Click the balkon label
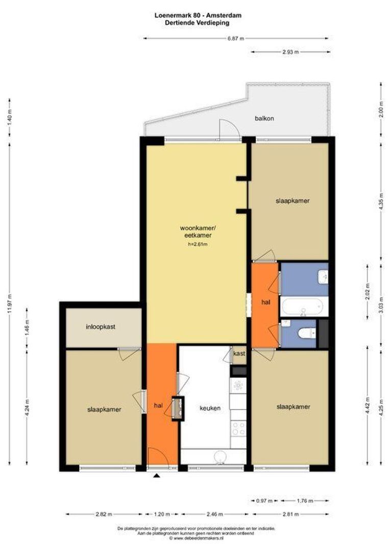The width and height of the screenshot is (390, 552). pyautogui.click(x=264, y=119)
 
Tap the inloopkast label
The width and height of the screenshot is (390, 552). pyautogui.click(x=101, y=327)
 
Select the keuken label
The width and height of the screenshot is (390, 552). pyautogui.click(x=210, y=408)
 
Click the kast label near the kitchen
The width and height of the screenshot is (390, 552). pyautogui.click(x=239, y=353)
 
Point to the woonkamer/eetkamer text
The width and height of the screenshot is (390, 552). pyautogui.click(x=196, y=232)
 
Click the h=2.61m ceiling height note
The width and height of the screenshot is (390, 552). pyautogui.click(x=197, y=244)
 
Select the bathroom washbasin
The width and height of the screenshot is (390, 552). pyautogui.click(x=323, y=277)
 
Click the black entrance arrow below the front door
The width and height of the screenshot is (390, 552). pyautogui.click(x=157, y=476)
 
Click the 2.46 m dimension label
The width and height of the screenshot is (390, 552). pyautogui.click(x=215, y=514)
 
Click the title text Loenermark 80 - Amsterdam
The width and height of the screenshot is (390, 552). pyautogui.click(x=198, y=15)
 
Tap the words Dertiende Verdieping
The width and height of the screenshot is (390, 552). pyautogui.click(x=197, y=22)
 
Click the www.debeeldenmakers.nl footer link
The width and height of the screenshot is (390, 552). pyautogui.click(x=198, y=538)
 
